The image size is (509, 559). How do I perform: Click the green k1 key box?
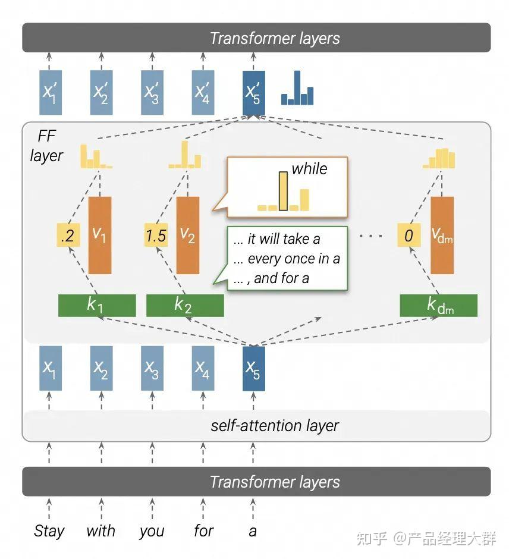click(97, 306)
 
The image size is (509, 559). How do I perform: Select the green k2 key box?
click(185, 306)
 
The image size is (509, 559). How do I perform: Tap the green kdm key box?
click(438, 306)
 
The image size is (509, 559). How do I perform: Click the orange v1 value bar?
click(100, 235)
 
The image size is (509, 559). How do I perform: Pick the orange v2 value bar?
click(188, 235)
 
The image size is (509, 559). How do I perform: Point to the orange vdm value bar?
click(442, 235)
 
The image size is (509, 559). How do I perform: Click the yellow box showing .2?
click(68, 235)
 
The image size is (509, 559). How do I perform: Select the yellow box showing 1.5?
click(156, 235)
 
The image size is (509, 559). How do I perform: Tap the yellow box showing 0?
click(409, 235)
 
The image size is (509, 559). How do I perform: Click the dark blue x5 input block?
click(254, 368)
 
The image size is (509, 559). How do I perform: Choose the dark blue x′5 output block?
click(254, 93)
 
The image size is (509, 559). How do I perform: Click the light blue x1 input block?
click(51, 368)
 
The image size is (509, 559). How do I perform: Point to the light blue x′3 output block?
click(152, 93)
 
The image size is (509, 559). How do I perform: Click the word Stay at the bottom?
click(49, 532)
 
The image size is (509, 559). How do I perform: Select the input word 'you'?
click(152, 532)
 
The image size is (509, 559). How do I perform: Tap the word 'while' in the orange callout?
click(309, 169)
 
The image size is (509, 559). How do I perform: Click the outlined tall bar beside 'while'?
click(284, 191)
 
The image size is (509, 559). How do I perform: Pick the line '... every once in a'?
click(287, 259)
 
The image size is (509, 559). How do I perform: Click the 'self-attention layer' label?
click(275, 426)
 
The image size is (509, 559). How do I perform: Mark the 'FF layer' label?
click(47, 146)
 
